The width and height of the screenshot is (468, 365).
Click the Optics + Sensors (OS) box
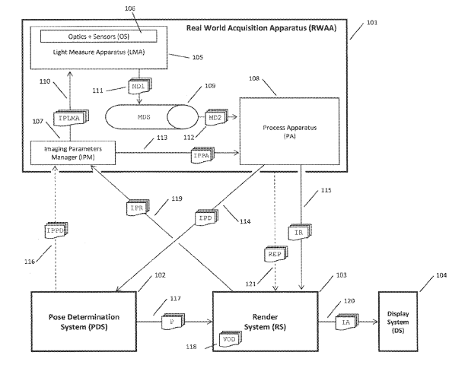[98, 36]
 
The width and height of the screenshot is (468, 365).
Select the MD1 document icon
[140, 86]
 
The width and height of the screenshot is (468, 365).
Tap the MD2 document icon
[216, 118]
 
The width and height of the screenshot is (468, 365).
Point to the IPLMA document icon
[71, 118]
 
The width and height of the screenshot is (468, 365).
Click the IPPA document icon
[202, 155]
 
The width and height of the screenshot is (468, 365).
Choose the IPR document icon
[137, 208]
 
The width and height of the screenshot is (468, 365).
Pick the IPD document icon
[206, 217]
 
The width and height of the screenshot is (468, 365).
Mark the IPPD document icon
[56, 230]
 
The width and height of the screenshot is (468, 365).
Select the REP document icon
[275, 254]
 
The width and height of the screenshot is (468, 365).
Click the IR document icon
[300, 232]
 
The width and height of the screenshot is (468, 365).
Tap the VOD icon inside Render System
[231, 338]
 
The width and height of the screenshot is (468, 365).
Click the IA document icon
[347, 322]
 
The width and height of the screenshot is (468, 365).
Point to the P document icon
[173, 322]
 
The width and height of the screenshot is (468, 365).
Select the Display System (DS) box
[398, 322]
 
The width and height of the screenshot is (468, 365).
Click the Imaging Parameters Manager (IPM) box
[73, 153]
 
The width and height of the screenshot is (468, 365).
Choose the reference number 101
[372, 23]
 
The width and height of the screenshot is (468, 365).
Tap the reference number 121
[250, 284]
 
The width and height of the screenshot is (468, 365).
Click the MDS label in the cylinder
[144, 117]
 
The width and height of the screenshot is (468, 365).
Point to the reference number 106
[130, 8]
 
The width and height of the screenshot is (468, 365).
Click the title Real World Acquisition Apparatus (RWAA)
[262, 28]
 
